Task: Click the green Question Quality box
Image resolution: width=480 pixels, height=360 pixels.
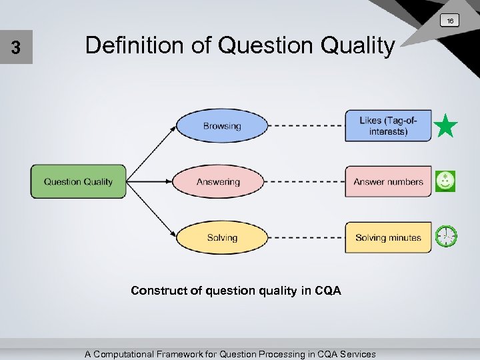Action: point(78,181)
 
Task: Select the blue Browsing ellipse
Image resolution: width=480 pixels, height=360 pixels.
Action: point(221,125)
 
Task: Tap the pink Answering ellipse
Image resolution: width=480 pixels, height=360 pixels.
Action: point(218,181)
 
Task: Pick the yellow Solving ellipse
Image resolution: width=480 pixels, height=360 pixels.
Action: point(221,237)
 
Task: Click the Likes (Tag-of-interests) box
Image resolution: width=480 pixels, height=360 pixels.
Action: point(388,125)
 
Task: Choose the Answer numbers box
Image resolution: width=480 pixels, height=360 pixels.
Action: point(388,181)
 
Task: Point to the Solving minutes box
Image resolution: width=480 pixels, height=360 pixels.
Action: point(388,237)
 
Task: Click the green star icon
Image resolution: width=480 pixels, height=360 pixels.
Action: point(445,125)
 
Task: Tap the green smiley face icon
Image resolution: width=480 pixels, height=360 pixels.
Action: point(445,181)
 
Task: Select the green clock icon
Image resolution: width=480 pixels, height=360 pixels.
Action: point(446,236)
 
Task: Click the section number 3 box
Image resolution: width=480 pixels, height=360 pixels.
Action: point(16,48)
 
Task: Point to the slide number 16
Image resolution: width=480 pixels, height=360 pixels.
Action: point(450,21)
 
